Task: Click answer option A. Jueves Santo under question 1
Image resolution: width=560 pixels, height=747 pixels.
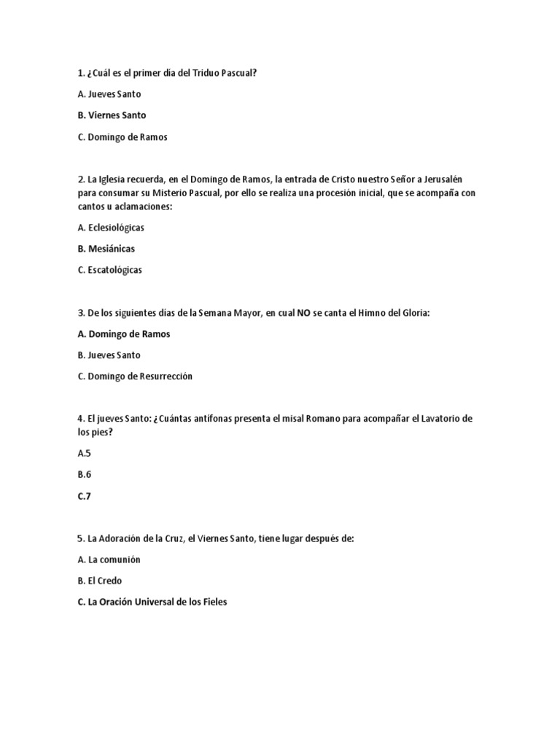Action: pyautogui.click(x=109, y=94)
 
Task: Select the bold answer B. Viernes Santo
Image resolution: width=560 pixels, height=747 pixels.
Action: pyautogui.click(x=112, y=115)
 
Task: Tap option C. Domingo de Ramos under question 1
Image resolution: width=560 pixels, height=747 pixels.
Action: pyautogui.click(x=122, y=137)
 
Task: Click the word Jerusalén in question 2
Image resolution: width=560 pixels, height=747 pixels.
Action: pyautogui.click(x=452, y=179)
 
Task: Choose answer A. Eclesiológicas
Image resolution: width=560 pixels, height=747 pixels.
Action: pyautogui.click(x=111, y=228)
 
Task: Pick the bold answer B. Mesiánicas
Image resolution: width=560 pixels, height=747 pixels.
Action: pyautogui.click(x=106, y=249)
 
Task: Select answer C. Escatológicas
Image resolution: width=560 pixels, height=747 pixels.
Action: pyautogui.click(x=110, y=270)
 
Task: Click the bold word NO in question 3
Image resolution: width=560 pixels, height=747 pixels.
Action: pyautogui.click(x=303, y=313)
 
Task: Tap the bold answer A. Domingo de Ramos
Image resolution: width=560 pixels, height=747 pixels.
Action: pyautogui.click(x=123, y=334)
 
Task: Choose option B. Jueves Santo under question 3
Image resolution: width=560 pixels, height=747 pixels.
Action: pyautogui.click(x=109, y=355)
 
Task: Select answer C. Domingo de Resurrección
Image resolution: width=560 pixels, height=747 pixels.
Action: pyautogui.click(x=135, y=376)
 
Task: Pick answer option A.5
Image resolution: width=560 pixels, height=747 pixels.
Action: pyautogui.click(x=84, y=453)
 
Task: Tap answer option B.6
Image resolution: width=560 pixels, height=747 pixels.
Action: pyautogui.click(x=84, y=474)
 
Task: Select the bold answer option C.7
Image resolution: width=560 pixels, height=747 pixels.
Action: pyautogui.click(x=85, y=496)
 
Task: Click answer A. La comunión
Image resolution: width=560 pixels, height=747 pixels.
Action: pyautogui.click(x=109, y=560)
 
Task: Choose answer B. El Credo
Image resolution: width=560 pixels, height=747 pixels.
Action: pyautogui.click(x=100, y=581)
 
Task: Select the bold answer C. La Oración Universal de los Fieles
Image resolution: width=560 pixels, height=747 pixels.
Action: pyautogui.click(x=152, y=603)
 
